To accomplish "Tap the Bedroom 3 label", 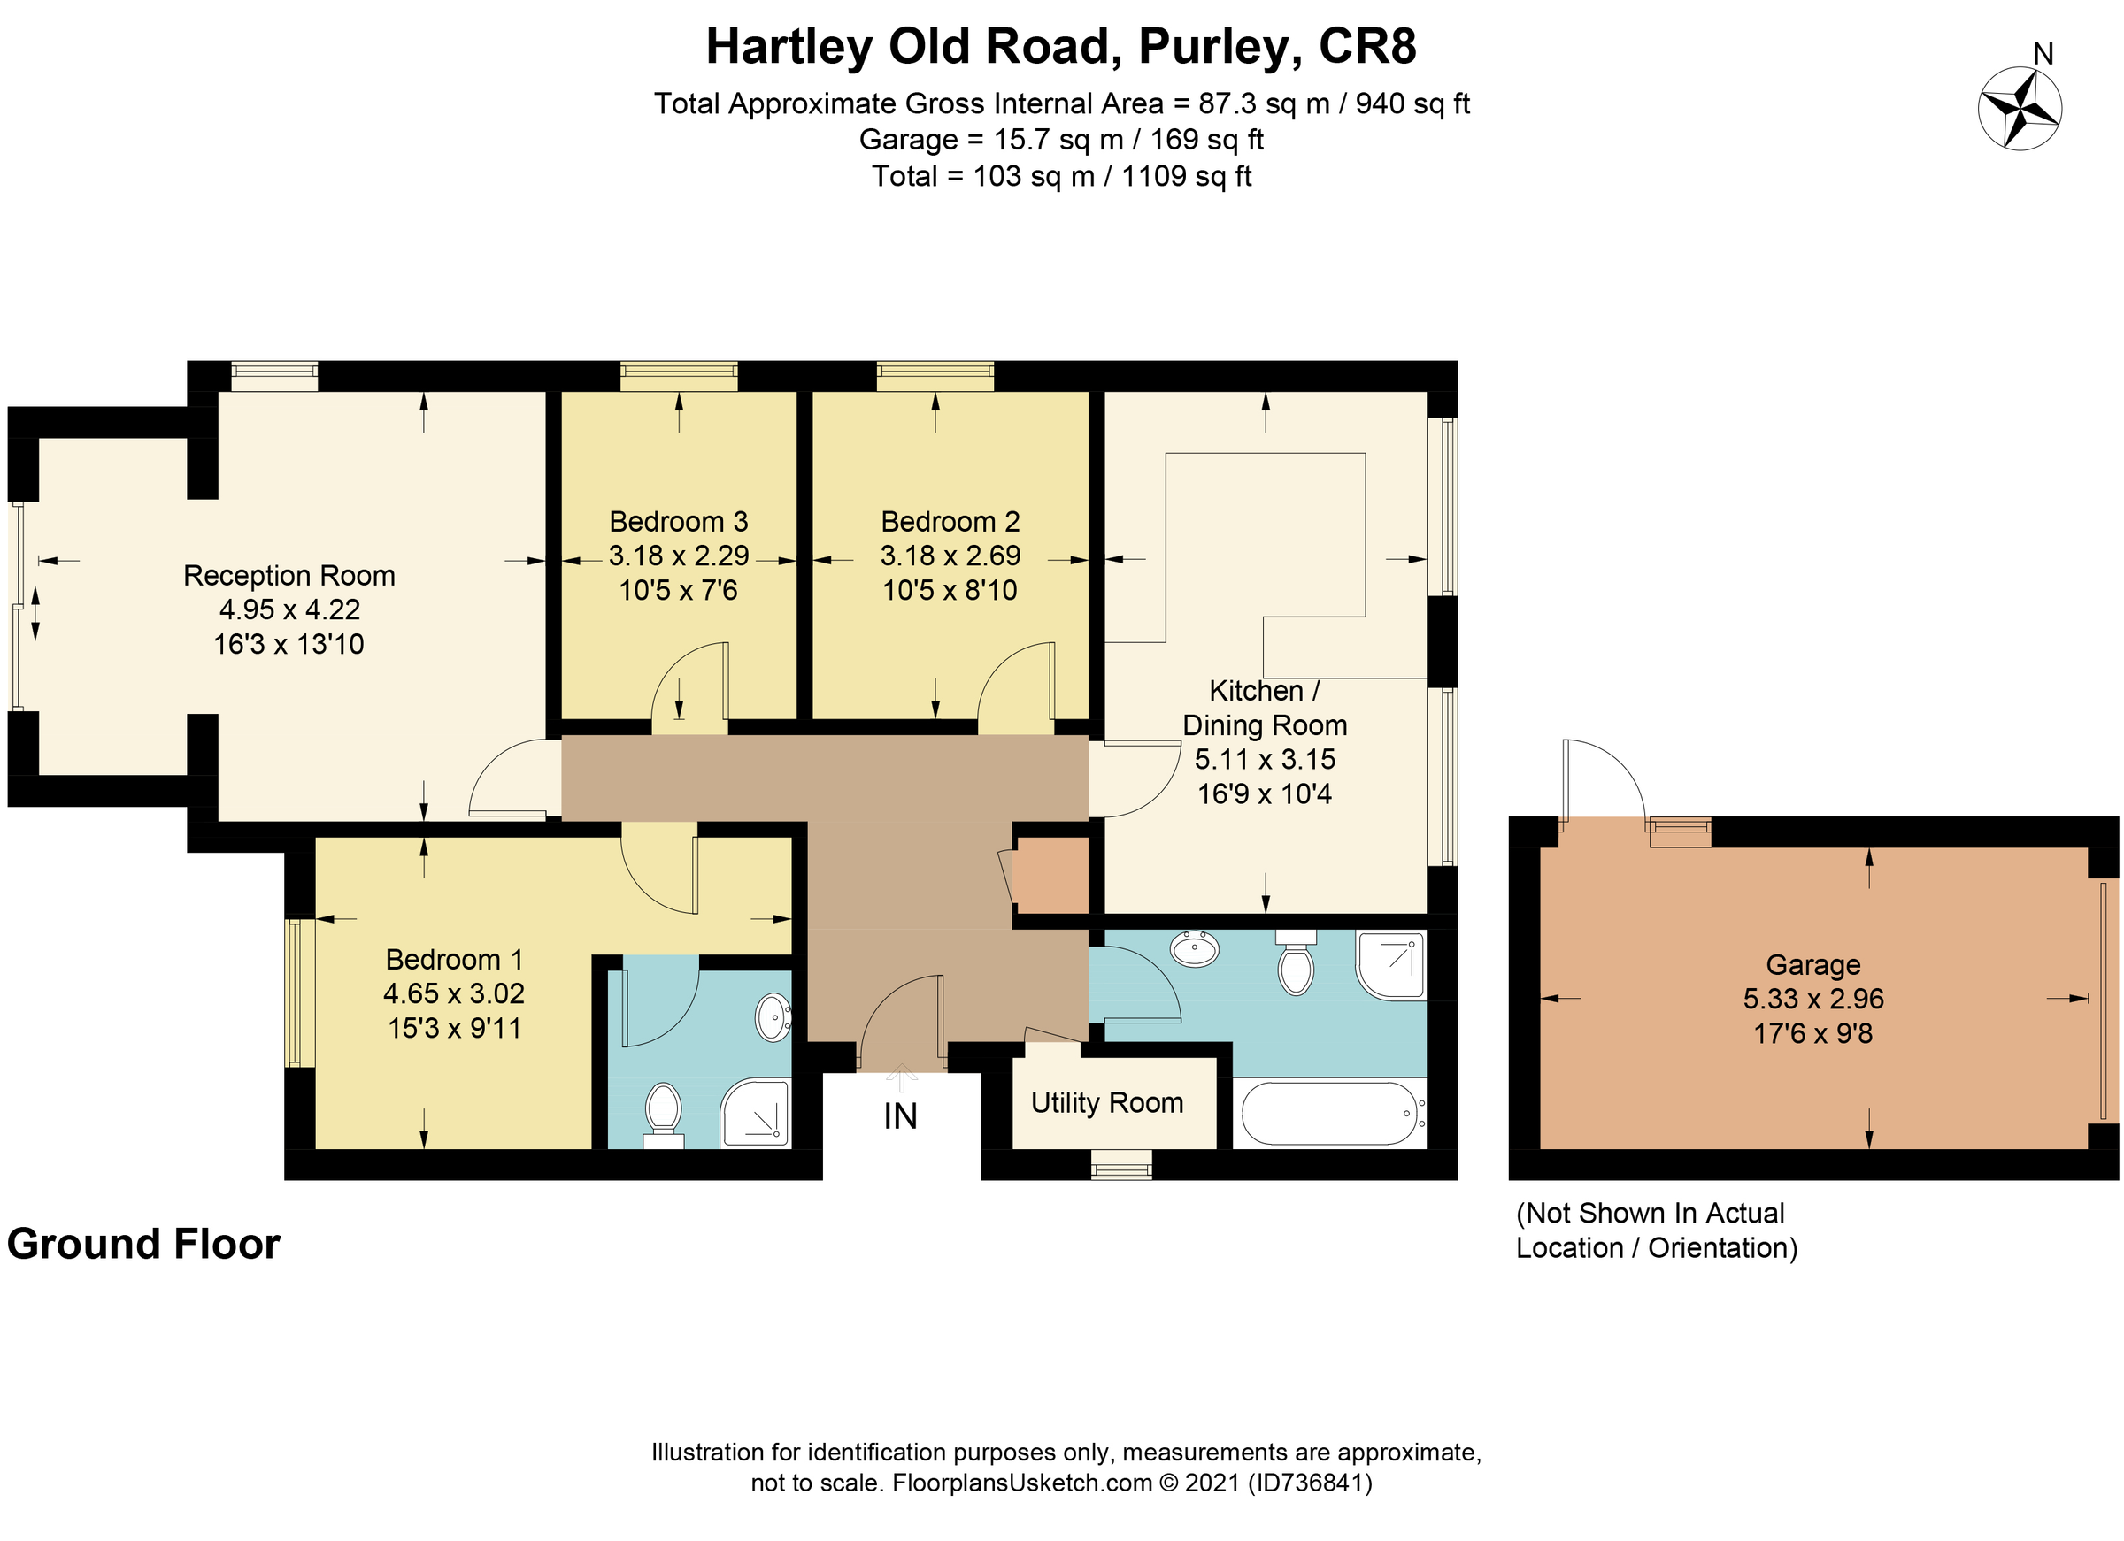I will [678, 521].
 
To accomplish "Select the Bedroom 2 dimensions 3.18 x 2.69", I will [950, 556].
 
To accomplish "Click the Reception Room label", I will [289, 575].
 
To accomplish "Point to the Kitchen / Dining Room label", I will [1265, 708].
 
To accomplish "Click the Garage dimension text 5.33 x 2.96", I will [1813, 999].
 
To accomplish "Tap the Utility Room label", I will [1107, 1103].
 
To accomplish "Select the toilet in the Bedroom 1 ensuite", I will [663, 1109].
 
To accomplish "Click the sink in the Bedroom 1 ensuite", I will [773, 1017].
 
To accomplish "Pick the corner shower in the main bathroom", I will [1390, 964].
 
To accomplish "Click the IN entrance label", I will [900, 1116].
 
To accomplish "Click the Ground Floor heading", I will [143, 1245].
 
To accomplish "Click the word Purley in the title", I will [1218, 46].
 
